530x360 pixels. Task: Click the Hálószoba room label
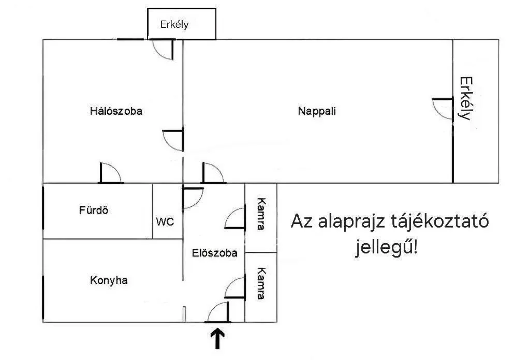[x=116, y=111]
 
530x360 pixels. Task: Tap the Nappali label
[x=317, y=111]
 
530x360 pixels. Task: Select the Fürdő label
[x=94, y=210]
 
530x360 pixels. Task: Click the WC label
[x=165, y=222]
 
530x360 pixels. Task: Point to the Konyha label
[x=109, y=280]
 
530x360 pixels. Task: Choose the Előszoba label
[x=215, y=253]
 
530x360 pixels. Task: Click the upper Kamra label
[x=261, y=214]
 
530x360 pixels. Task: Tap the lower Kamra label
[x=261, y=283]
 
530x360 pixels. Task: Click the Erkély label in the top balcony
[x=174, y=24]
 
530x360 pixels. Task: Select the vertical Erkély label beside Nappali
[x=466, y=99]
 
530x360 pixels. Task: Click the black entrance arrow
[x=218, y=339]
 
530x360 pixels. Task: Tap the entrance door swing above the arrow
[x=218, y=312]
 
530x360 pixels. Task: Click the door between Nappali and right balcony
[x=443, y=109]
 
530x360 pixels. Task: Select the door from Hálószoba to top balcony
[x=163, y=50]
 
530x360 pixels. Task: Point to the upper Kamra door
[x=235, y=218]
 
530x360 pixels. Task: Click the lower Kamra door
[x=235, y=288]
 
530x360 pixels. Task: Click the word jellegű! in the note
[x=386, y=248]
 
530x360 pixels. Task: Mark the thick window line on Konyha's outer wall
[x=43, y=297]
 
